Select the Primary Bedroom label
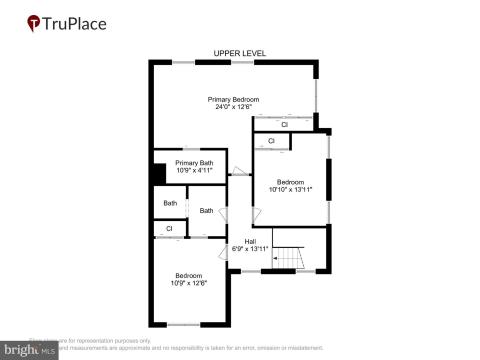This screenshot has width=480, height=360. point(233,99)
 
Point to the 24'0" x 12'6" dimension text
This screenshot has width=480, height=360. point(233,107)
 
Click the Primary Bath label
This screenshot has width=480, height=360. point(193,163)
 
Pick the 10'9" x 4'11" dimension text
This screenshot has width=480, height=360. point(193,171)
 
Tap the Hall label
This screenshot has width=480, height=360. point(249,241)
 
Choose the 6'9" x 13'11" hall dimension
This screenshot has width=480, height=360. point(250,249)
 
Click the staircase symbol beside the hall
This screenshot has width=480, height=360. point(288,258)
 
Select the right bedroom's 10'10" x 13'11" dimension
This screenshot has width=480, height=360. point(290,189)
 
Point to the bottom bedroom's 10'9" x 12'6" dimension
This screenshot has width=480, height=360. point(189,283)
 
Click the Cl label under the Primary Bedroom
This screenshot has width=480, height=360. point(284,125)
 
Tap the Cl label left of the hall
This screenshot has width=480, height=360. point(169,230)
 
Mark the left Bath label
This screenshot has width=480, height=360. point(170,202)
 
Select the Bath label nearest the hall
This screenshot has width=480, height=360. point(206,210)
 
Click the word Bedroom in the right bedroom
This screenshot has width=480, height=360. point(290,181)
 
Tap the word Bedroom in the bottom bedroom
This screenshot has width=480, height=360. point(189,275)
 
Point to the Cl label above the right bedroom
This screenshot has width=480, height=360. point(271,141)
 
